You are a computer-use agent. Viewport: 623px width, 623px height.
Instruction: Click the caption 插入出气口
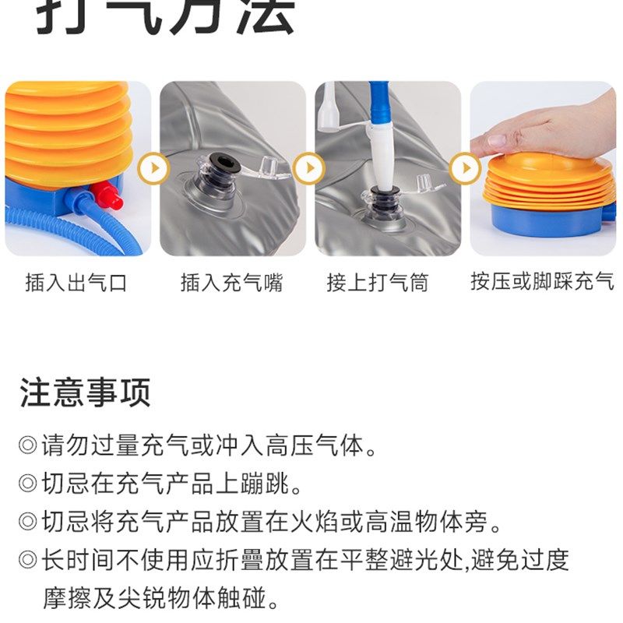tap(76, 282)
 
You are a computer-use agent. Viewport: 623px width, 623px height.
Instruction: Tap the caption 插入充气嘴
tap(231, 282)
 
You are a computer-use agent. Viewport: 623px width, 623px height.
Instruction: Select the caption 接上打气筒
tap(377, 282)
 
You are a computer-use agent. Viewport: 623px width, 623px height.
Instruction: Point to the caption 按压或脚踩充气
tap(542, 281)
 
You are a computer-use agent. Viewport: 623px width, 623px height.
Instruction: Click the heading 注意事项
tap(85, 392)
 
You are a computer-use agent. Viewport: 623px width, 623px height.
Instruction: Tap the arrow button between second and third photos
tap(310, 168)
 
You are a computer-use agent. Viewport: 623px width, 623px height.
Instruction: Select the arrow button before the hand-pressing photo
tap(466, 168)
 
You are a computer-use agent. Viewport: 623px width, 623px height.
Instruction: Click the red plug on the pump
tap(111, 199)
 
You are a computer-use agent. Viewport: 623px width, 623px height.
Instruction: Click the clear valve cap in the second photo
tap(268, 166)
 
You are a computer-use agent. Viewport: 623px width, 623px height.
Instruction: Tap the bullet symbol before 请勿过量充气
tap(28, 447)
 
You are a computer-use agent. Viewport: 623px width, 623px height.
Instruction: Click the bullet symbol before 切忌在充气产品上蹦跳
tap(28, 484)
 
